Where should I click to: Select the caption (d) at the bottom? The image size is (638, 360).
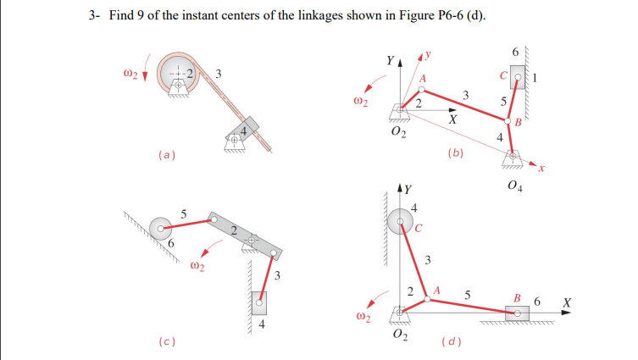(452, 343)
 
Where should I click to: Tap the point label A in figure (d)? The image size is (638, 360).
(438, 291)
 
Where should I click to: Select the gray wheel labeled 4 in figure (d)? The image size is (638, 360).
(400, 222)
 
